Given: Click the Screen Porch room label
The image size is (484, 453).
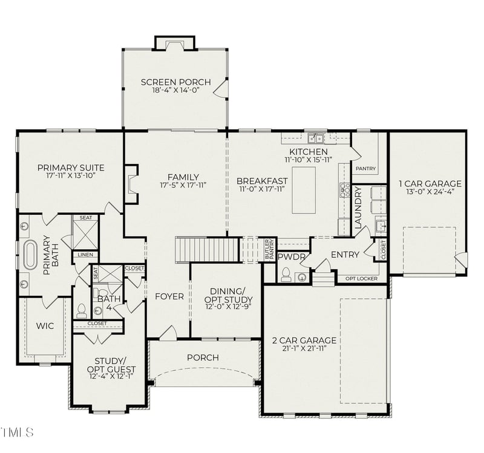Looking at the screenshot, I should click(x=175, y=82).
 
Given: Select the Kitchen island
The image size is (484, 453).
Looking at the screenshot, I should click(x=304, y=190).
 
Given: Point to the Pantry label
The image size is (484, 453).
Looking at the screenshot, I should click(x=365, y=169).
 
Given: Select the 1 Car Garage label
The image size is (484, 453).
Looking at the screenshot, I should click(x=430, y=183).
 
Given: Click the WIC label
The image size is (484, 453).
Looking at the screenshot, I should click(x=45, y=326).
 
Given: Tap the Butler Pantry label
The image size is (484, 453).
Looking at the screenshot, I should click(x=269, y=250).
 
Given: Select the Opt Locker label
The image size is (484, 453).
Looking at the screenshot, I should click(x=361, y=279).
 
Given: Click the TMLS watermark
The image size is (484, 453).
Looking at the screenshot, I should click(x=18, y=432).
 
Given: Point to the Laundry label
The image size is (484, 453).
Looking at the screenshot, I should click(x=358, y=207).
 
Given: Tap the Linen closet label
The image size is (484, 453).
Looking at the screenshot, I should click(x=85, y=255).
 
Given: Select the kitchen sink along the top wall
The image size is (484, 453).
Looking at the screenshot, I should click(x=315, y=138).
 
